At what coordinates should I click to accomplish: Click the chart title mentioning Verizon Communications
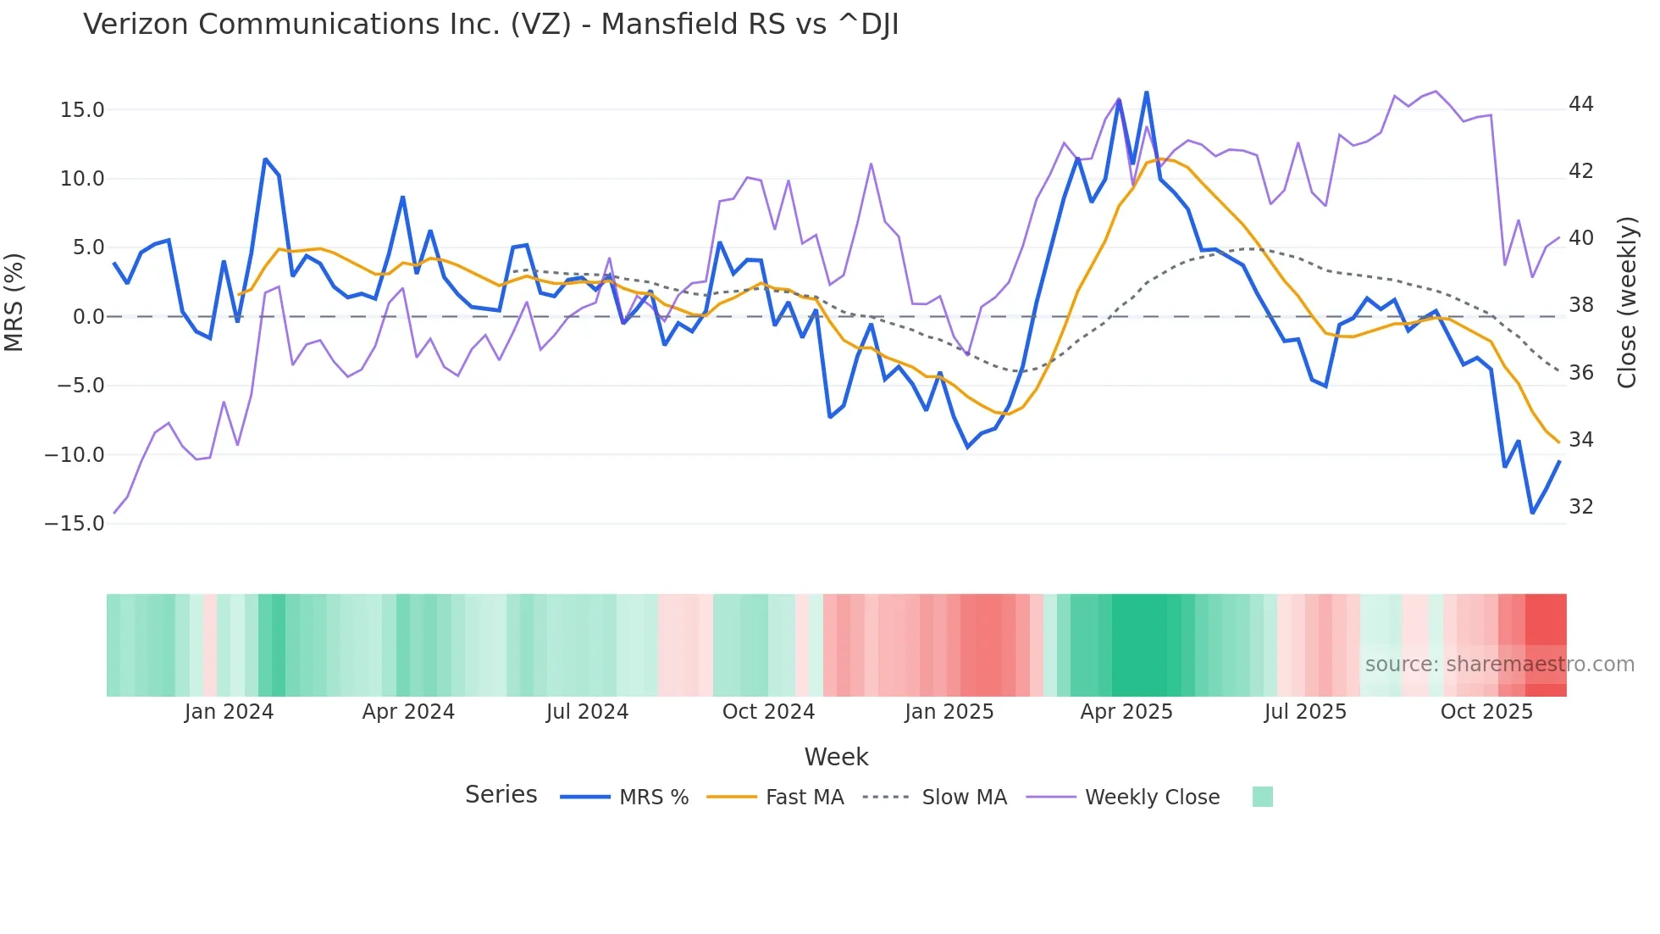[x=490, y=25]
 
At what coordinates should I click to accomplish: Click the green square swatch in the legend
[x=1262, y=797]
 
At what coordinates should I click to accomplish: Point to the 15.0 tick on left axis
[x=82, y=110]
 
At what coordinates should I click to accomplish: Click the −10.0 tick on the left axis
[x=75, y=455]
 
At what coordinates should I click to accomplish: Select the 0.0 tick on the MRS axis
[x=88, y=317]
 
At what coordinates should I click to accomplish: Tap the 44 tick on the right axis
[x=1580, y=104]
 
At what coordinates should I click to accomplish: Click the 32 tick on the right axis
[x=1580, y=507]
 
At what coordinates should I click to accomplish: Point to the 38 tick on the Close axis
[x=1580, y=305]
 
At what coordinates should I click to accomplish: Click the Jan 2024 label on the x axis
[x=229, y=712]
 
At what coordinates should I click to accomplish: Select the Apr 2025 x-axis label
[x=1126, y=712]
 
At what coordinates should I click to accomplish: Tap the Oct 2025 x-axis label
[x=1486, y=712]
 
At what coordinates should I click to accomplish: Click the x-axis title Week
[x=836, y=757]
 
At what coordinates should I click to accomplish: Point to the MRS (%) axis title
[x=14, y=302]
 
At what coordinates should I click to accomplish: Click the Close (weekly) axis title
[x=1627, y=303]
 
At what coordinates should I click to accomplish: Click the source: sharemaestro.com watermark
[x=1499, y=664]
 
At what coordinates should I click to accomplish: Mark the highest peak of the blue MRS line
[x=1146, y=92]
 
